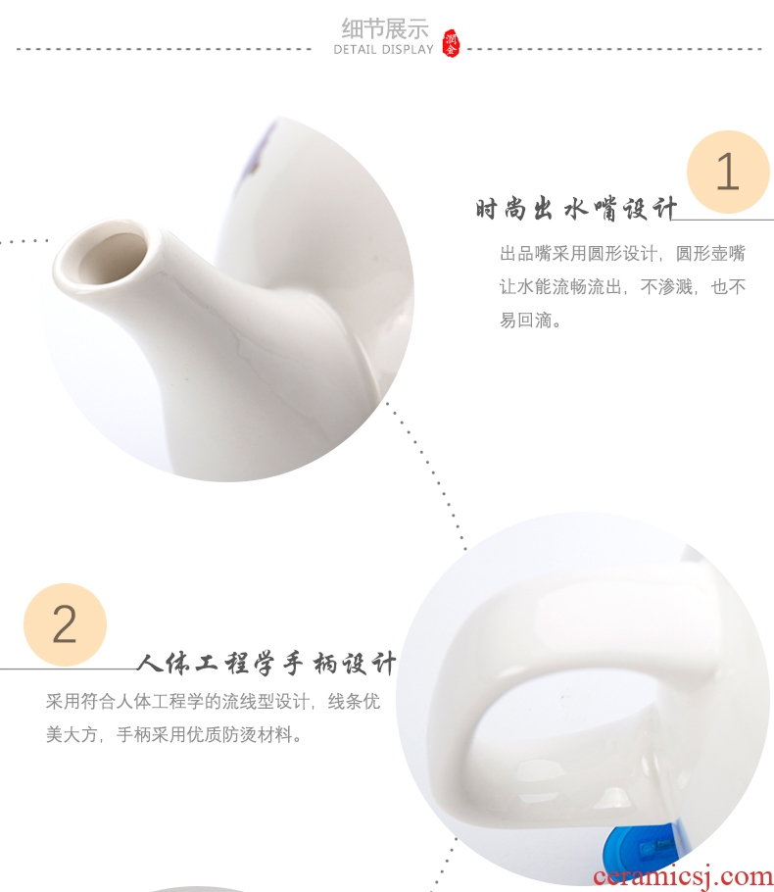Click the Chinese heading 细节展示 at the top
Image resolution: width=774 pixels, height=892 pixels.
point(384,28)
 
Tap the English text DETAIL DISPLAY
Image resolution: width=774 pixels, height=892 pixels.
point(383,49)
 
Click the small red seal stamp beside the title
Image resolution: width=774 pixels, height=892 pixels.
point(451,43)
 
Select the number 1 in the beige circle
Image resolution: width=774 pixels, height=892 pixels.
point(727,172)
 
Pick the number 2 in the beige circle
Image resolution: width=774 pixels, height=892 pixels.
point(65,624)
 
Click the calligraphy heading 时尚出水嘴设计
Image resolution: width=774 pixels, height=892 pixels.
point(576,208)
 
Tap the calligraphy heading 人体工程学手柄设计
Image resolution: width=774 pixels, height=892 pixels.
point(266,664)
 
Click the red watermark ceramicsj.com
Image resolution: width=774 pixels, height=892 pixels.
point(683,876)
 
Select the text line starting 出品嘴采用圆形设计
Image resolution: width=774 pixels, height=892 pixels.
point(622,253)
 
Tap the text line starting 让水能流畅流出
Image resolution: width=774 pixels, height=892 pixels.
point(622,286)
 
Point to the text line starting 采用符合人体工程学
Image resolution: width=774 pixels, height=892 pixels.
point(213,702)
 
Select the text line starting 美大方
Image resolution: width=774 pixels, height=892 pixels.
point(173,734)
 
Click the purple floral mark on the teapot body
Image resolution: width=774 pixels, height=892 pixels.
point(263,149)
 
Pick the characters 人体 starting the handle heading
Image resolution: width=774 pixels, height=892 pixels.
point(164,664)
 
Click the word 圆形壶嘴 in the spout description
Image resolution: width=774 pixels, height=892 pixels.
point(710,253)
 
